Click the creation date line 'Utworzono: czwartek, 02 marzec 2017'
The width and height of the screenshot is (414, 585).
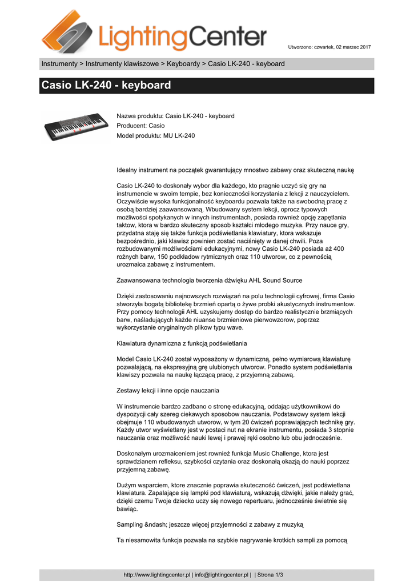pyautogui.click(x=329, y=46)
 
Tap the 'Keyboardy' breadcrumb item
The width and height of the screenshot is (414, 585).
pyautogui.click(x=183, y=63)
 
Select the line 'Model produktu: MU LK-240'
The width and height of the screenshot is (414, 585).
pyautogui.click(x=155, y=135)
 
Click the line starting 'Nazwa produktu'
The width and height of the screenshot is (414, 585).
pyautogui.click(x=175, y=116)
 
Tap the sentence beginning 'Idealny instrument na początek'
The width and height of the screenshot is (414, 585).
pyautogui.click(x=235, y=170)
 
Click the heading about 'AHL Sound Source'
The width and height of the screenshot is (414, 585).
pyautogui.click(x=209, y=281)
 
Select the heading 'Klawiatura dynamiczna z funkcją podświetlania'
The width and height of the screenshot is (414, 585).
pyautogui.click(x=182, y=343)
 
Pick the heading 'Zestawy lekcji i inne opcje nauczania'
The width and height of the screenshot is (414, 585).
pyautogui.click(x=168, y=391)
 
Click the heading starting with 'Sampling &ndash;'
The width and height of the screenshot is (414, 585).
pyautogui.click(x=210, y=524)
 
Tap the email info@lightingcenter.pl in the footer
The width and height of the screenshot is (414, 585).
pyautogui.click(x=222, y=575)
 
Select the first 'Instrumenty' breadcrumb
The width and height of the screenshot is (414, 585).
pyautogui.click(x=59, y=63)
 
